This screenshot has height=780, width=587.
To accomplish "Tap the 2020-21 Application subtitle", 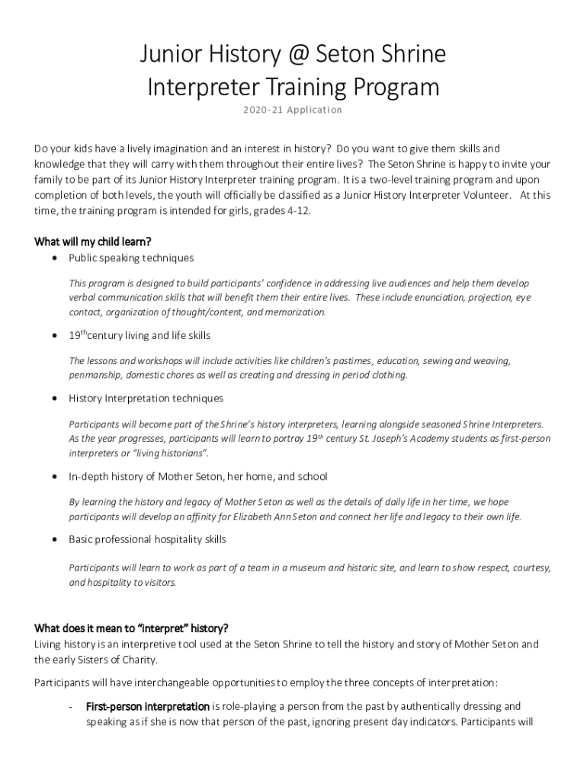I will coord(293,110).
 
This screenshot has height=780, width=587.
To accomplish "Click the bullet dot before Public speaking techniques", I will coord(54,258).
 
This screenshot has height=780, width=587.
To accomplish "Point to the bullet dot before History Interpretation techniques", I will coord(54,398).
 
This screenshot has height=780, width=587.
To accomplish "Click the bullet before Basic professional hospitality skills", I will coord(54,539).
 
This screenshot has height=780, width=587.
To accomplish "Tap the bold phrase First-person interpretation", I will coord(147,706).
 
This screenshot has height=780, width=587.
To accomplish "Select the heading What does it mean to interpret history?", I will coord(131,628).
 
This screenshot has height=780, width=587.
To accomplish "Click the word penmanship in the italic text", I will coord(95,375).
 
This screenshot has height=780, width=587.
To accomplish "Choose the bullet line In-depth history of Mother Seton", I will coord(197,477).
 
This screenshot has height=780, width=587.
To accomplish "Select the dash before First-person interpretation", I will coord(71,706).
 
